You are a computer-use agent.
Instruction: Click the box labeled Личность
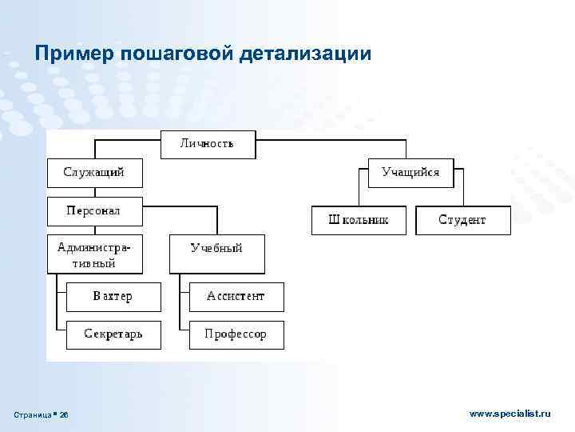pos(208,144)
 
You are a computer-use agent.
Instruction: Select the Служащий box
pos(94,172)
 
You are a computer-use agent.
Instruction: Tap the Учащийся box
pos(410,172)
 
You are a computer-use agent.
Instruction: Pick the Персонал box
pos(94,211)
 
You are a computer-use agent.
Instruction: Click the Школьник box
pos(359,220)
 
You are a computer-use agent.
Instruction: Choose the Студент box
pos(462,220)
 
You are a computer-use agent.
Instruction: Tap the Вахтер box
pos(113,296)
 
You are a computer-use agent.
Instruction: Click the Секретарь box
pos(113,334)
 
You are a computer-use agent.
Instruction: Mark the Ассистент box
pos(236,296)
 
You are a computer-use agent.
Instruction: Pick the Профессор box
pos(236,334)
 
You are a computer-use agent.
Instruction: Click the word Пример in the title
pos(75,53)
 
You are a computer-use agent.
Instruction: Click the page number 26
pos(65,414)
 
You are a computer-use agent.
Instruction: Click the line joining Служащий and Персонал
pos(94,192)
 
